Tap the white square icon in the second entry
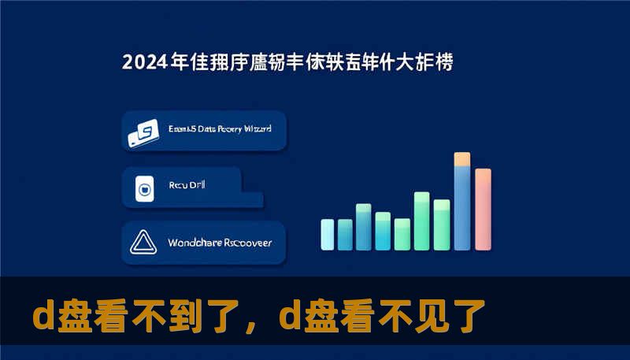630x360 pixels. tap(144, 189)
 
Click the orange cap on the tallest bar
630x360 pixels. tap(462, 159)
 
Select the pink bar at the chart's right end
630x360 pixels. tap(483, 209)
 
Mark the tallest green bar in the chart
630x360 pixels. tap(422, 221)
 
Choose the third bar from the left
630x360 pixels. tap(364, 227)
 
